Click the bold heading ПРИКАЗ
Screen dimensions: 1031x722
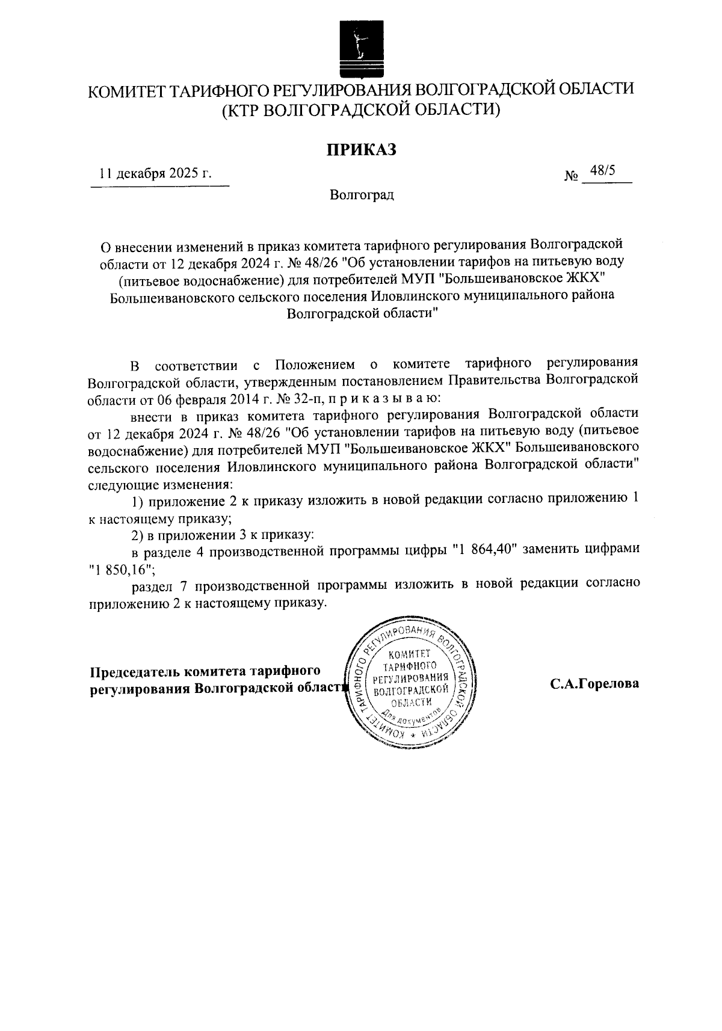click(361, 149)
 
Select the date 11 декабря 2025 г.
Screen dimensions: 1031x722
click(156, 174)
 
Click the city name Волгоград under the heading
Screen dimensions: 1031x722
click(362, 195)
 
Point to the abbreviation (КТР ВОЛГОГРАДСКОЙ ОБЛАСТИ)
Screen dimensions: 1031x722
click(361, 109)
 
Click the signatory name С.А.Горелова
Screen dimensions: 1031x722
click(593, 684)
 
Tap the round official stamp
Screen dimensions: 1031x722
click(411, 682)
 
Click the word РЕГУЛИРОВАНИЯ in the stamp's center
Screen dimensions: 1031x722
click(411, 678)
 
